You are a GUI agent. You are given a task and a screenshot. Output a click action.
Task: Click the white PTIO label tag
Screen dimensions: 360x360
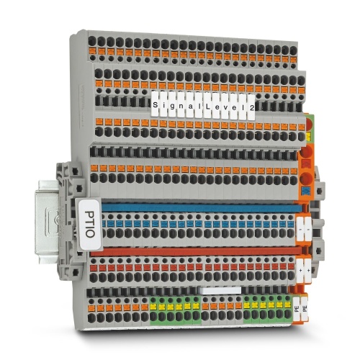tap(90, 225)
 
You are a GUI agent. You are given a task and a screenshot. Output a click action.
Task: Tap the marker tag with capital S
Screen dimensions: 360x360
tap(156, 104)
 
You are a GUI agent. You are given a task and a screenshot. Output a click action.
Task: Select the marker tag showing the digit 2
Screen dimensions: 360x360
tap(251, 107)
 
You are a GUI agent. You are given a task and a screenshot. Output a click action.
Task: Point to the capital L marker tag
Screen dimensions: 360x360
tap(207, 106)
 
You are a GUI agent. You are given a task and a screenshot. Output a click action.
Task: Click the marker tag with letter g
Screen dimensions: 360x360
tap(173, 105)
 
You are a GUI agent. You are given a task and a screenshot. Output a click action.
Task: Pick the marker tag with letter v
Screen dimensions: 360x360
tap(225, 107)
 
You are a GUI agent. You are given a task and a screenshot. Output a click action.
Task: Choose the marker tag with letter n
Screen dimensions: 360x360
tap(181, 105)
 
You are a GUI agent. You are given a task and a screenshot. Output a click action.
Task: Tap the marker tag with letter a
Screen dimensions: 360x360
tap(190, 106)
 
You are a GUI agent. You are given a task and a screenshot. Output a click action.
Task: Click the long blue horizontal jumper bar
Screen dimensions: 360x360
tap(202, 207)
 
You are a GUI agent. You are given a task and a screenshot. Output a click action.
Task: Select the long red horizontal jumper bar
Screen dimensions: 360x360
tap(197, 252)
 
